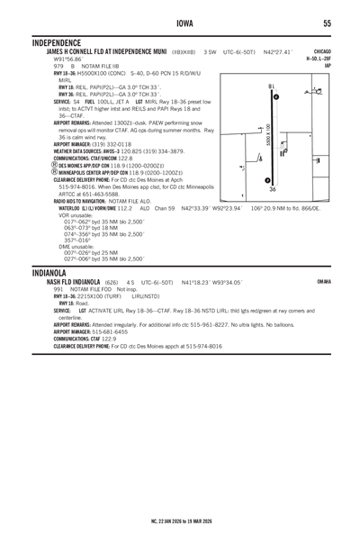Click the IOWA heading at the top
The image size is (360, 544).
[179, 23]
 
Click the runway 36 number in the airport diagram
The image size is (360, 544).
[273, 190]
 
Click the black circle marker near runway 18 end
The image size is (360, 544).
[275, 96]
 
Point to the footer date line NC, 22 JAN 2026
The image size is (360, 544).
[179, 521]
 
